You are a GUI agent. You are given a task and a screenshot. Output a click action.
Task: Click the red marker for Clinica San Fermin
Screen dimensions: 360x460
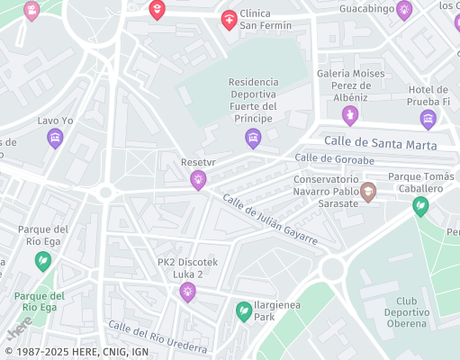pos(229,19)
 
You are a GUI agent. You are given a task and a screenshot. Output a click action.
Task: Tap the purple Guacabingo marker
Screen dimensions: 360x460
pos(404,11)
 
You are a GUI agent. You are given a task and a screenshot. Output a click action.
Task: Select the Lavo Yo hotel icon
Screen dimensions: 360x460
pos(55,139)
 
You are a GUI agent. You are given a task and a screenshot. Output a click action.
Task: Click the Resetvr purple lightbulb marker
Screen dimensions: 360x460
pos(197,181)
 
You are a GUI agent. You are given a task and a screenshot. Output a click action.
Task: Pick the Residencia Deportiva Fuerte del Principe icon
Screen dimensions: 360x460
pos(253,138)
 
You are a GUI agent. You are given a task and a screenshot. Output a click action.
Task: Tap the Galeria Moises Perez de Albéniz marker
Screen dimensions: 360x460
pos(350,115)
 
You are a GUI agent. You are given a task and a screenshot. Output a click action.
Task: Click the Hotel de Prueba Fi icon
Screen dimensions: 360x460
pos(428,119)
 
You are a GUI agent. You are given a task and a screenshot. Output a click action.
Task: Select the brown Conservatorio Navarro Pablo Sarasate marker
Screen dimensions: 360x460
pos(368,192)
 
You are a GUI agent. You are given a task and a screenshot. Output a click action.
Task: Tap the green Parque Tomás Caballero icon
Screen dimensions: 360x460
pos(420,206)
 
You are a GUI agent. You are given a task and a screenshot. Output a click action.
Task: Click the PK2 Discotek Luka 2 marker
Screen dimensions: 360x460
pos(187,291)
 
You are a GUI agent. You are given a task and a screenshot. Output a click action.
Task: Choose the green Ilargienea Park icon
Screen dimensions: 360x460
pos(243,311)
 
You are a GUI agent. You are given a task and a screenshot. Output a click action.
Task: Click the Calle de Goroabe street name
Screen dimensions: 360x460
pos(334,159)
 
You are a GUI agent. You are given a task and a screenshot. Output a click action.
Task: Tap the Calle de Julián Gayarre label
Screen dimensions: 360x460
pos(270,220)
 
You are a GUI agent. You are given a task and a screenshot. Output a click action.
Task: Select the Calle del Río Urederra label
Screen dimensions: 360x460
pos(158,337)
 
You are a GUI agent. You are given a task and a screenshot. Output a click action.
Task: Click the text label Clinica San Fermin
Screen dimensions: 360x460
pos(266,18)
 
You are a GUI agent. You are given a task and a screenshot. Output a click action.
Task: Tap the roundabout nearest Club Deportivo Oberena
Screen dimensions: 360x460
pos(332,267)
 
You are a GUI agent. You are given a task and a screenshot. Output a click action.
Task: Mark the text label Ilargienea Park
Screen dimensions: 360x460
pos(277,311)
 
